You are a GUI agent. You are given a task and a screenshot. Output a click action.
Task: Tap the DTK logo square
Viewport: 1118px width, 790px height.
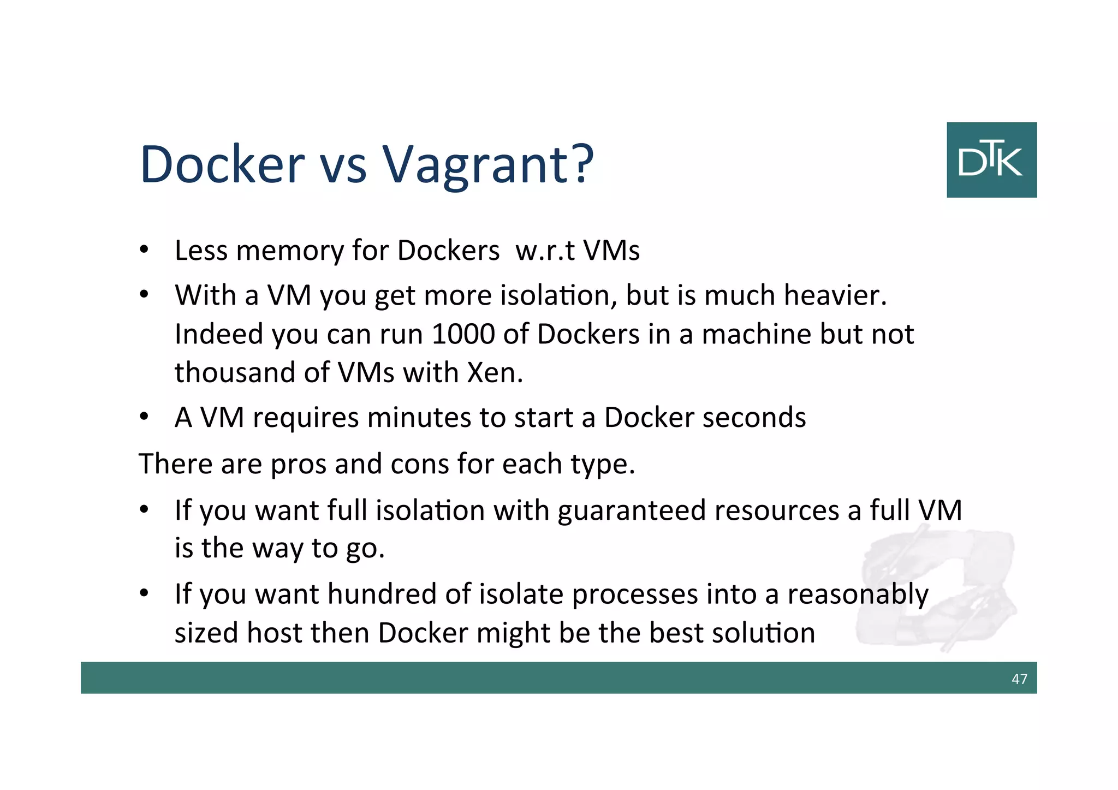[991, 159]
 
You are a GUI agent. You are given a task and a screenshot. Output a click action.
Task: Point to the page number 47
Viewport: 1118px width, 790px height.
[1019, 679]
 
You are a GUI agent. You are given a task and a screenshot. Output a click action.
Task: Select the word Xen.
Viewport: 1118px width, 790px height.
[495, 372]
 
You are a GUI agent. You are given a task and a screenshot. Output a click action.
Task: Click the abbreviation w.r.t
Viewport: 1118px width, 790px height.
[545, 251]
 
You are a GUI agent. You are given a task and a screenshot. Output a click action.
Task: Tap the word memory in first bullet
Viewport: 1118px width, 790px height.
[290, 251]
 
